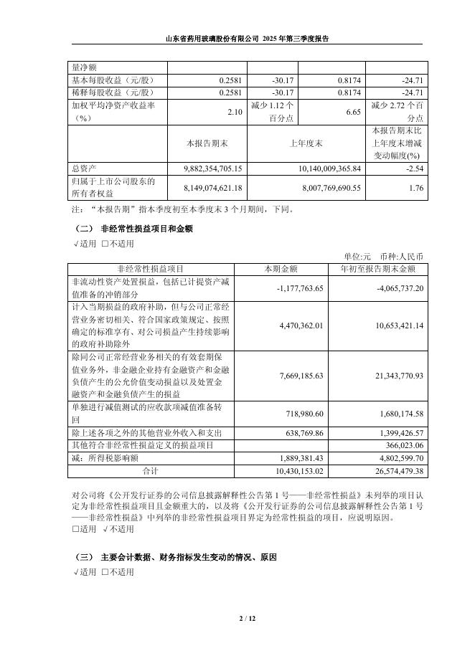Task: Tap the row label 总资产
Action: click(x=84, y=168)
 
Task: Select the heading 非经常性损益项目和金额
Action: click(x=146, y=229)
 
